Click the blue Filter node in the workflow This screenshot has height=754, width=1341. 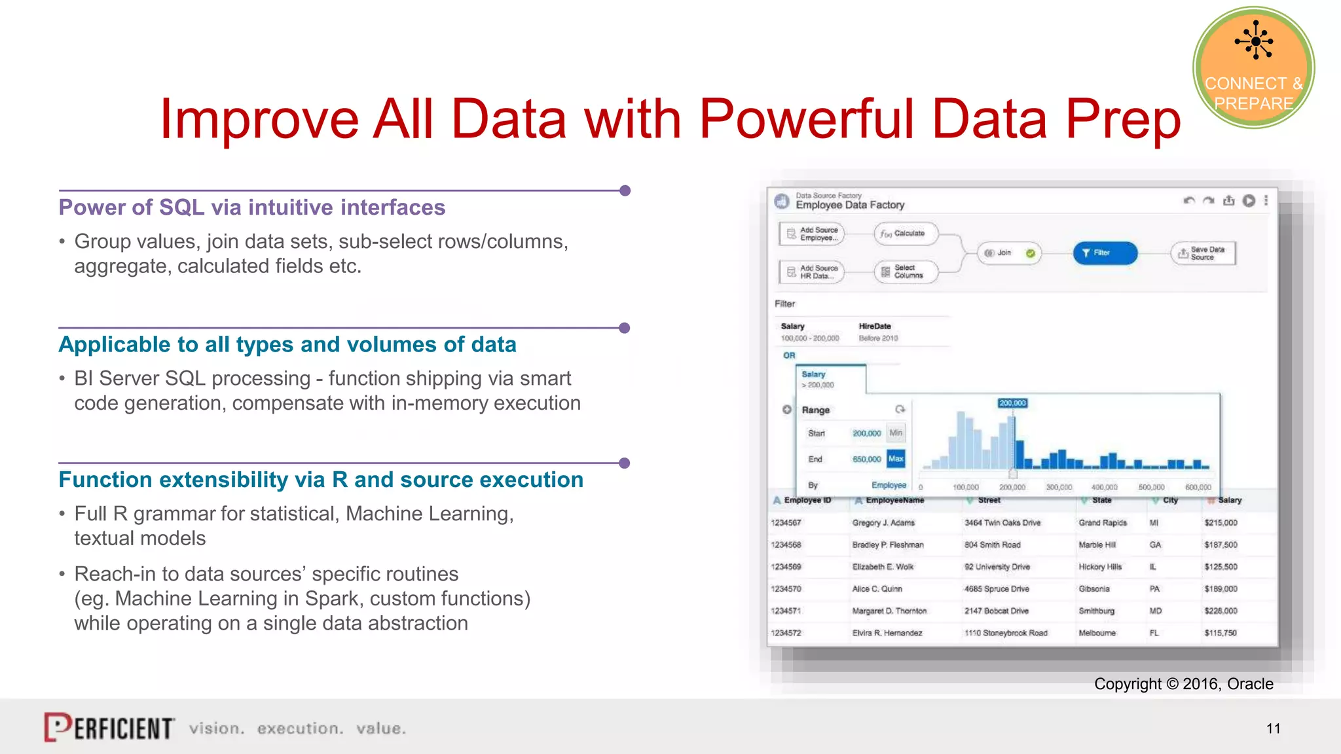1105,253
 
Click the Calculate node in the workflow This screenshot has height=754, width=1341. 906,234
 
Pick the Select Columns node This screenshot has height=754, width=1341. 906,272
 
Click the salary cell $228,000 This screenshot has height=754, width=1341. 1221,611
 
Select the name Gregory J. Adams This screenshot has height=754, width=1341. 883,523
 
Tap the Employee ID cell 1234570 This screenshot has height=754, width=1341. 786,589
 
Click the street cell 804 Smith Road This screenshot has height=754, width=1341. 992,545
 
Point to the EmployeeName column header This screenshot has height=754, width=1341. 894,501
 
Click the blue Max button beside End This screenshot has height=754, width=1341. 896,459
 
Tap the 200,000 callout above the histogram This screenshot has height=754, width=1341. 1012,403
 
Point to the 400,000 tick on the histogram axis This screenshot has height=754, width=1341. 1104,488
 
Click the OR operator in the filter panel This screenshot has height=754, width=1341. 789,355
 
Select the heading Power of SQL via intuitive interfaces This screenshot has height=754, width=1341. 252,207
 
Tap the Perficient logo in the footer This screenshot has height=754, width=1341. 109,727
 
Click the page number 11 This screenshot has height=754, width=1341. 1273,728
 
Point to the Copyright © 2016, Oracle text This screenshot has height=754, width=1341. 1183,684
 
